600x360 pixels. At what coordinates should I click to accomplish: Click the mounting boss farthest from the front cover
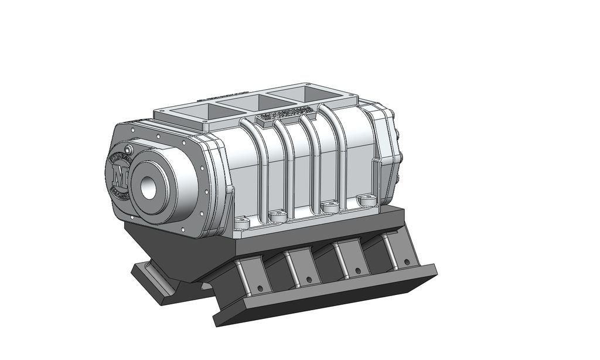(x=369, y=201)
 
